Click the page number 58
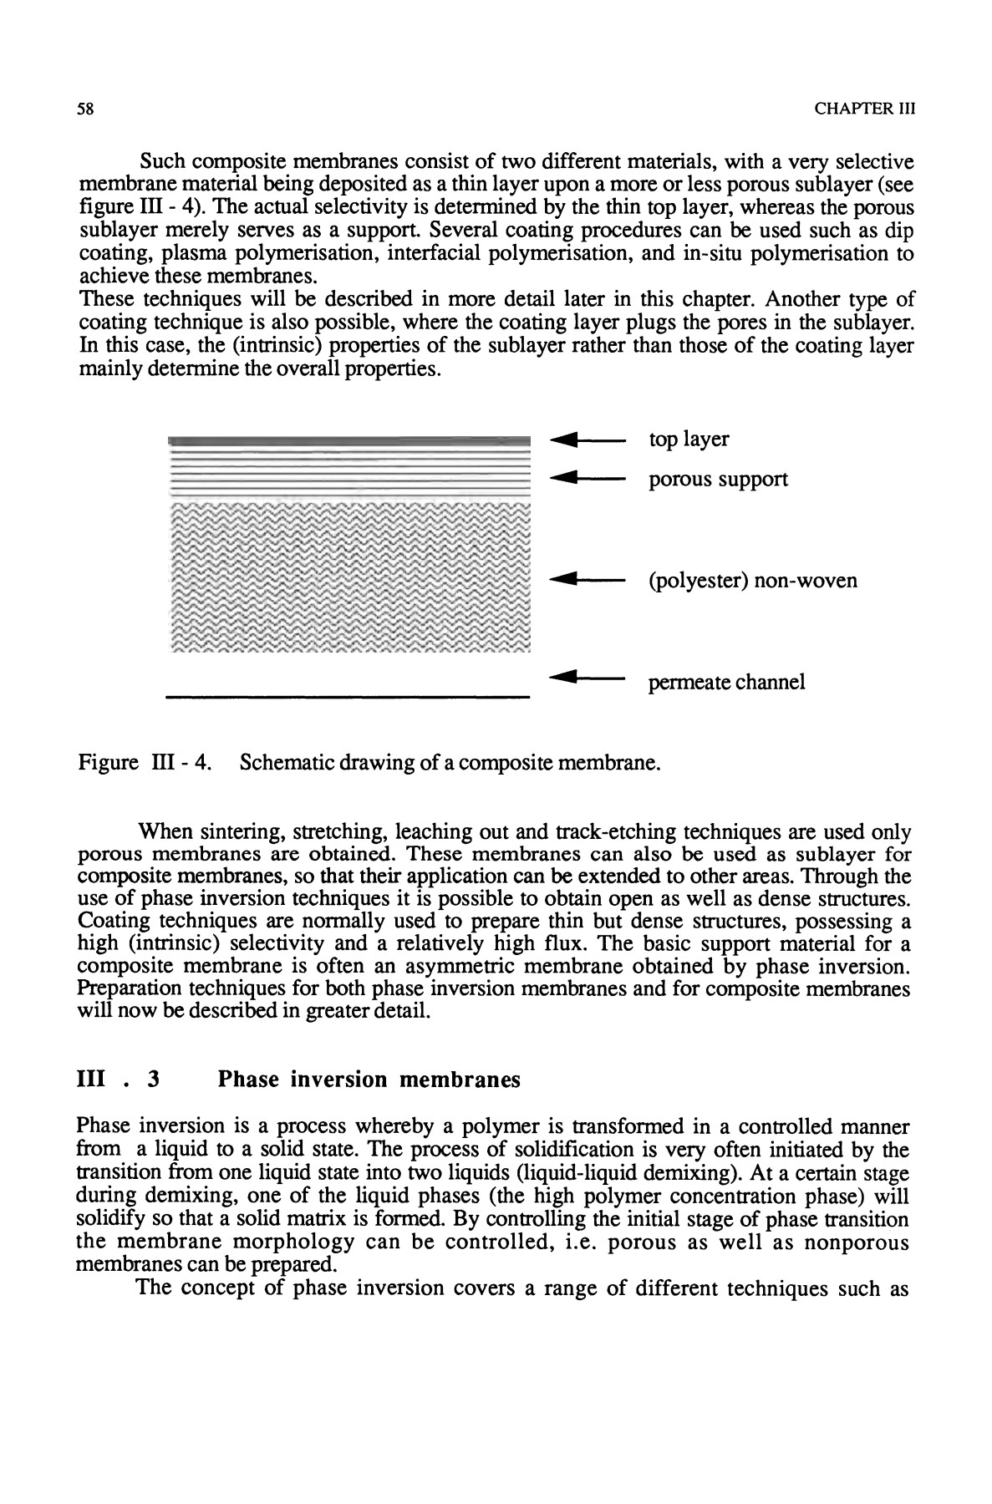[84, 109]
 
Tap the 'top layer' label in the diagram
[689, 440]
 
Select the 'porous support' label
[718, 480]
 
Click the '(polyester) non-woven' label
[752, 580]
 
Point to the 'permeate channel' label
[726, 683]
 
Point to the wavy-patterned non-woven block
[348, 577]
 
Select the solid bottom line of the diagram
[348, 695]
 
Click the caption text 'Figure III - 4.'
[142, 763]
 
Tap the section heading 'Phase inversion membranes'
[369, 1080]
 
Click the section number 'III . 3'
[117, 1080]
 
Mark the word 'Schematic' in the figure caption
[288, 763]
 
